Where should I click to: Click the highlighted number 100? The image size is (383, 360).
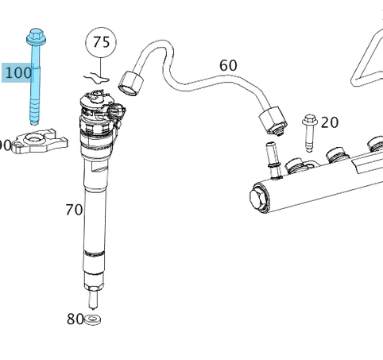[18, 73]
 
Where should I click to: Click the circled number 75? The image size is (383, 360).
[101, 42]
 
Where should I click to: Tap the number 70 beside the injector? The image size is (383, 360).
[73, 211]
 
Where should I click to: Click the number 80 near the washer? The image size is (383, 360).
[75, 319]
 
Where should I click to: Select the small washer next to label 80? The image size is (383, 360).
[93, 319]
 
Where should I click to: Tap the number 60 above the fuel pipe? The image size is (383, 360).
[228, 65]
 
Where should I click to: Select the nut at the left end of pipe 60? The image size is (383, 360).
[130, 80]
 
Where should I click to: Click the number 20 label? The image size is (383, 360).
[329, 122]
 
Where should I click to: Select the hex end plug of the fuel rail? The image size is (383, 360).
[260, 195]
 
